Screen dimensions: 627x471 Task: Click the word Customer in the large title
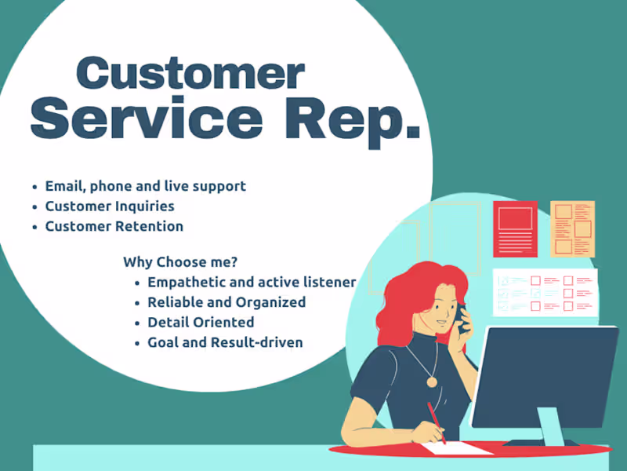tap(190, 72)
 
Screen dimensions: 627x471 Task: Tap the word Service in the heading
tap(147, 119)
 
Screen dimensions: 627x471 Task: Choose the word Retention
tap(149, 226)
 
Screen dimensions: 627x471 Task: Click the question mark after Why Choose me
tap(234, 262)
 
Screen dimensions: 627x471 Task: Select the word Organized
tap(270, 302)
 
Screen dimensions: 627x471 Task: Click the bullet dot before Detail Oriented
tap(138, 323)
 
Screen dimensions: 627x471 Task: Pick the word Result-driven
tap(257, 342)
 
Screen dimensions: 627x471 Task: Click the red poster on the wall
tap(515, 229)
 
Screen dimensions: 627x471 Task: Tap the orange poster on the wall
tap(573, 229)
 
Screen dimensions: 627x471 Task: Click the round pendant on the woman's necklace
tap(432, 382)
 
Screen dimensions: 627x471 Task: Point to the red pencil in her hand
tap(437, 423)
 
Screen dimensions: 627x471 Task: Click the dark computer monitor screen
tap(545, 378)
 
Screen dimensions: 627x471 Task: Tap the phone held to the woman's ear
tap(461, 319)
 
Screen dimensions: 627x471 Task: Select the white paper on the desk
tap(457, 447)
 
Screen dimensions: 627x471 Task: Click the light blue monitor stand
tap(551, 426)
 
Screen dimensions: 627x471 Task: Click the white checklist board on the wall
tap(545, 293)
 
